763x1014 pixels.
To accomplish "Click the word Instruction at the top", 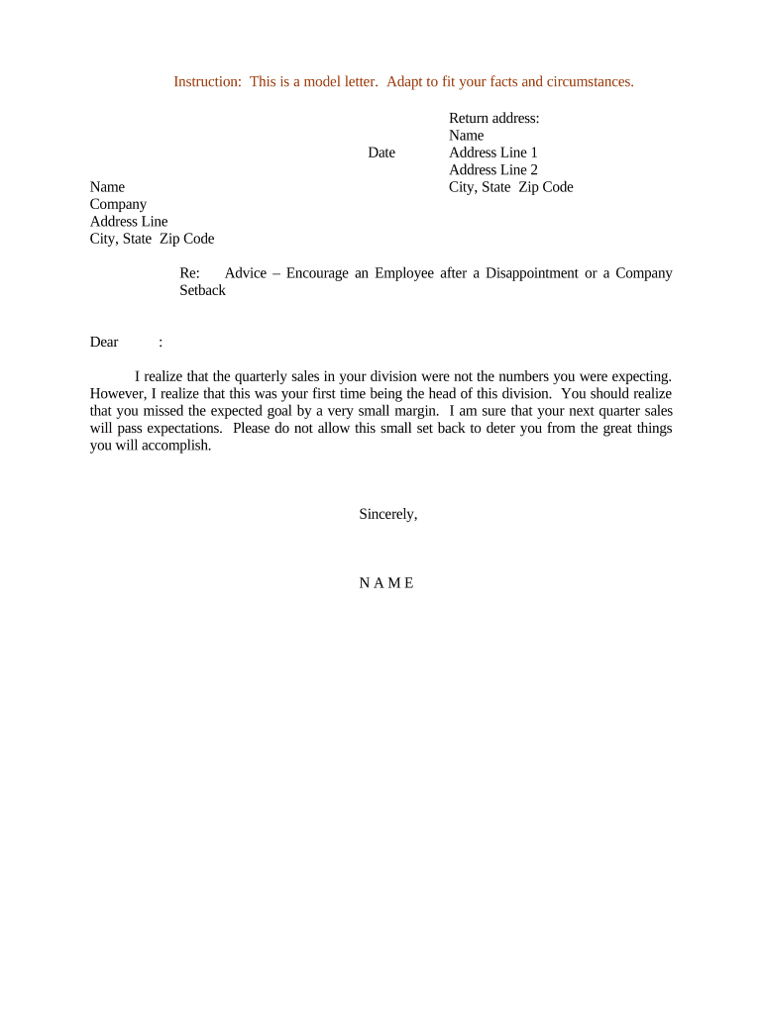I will point(206,81).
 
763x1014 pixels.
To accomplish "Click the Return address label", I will point(493,118).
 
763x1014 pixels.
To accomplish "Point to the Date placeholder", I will point(381,152).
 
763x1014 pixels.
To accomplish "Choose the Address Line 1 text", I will point(492,152).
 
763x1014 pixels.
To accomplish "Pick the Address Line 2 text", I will point(492,169).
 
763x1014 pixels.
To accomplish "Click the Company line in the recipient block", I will point(118,204).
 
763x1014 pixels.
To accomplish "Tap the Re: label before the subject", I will point(190,273).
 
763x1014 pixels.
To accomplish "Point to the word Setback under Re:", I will point(202,290).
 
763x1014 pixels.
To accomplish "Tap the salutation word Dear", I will point(104,342).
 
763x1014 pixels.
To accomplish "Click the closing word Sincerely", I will point(387,514).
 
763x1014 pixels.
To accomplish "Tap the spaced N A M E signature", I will point(386,582).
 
